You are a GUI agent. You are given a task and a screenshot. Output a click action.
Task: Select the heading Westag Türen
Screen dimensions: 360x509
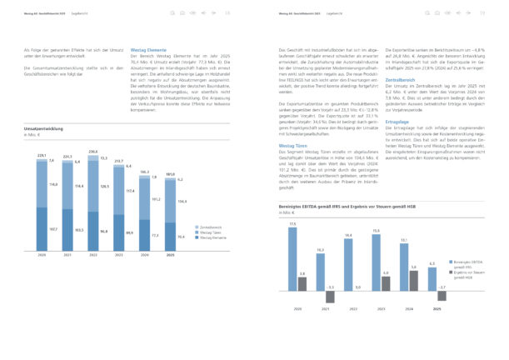point(290,144)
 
